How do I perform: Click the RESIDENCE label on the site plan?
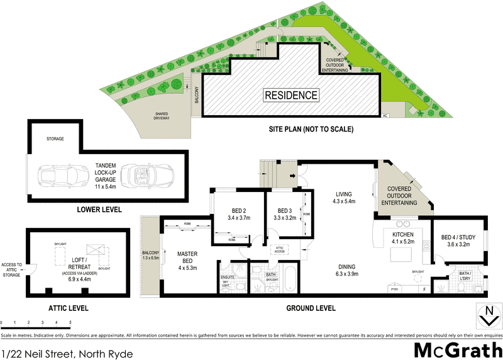pos(290,96)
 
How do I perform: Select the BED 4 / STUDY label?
pos(458,240)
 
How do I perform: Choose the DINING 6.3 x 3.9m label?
pos(346,270)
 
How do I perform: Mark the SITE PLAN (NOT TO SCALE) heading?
pos(307,129)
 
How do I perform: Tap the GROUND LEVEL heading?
pos(311,308)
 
